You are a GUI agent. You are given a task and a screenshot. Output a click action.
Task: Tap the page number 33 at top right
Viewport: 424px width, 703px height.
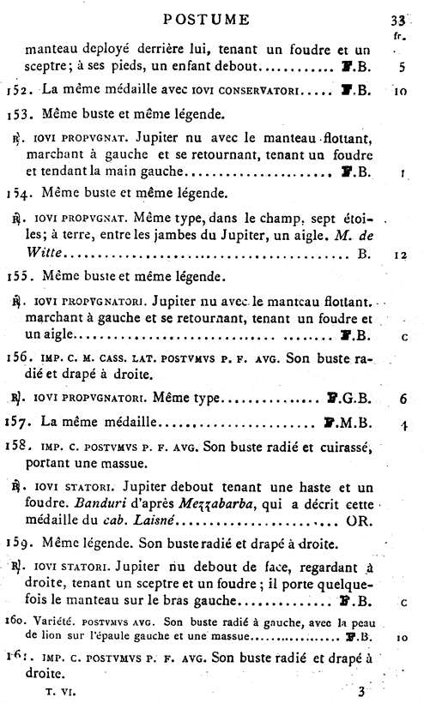click(x=399, y=21)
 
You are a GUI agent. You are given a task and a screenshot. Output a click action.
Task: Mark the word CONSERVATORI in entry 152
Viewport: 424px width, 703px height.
click(x=251, y=89)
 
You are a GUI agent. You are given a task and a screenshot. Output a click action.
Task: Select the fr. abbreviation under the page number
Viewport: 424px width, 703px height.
click(x=399, y=38)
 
